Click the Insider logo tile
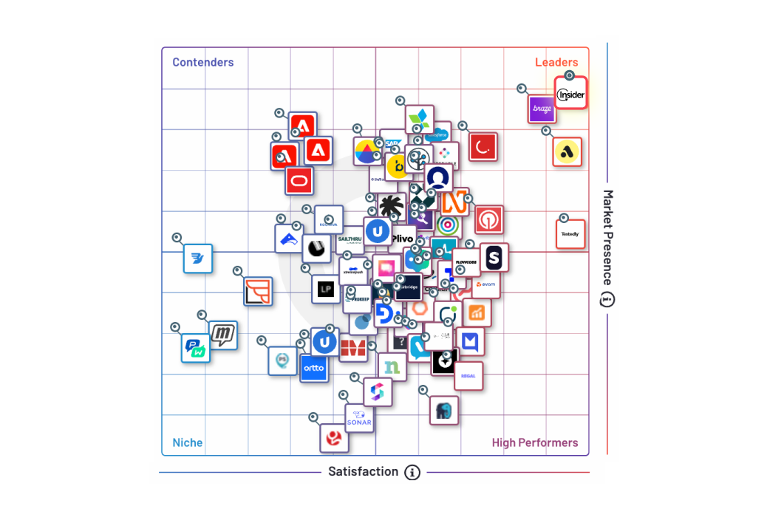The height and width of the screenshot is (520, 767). (x=570, y=95)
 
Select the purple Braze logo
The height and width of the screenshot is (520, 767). (x=542, y=109)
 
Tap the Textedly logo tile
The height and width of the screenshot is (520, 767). (x=570, y=234)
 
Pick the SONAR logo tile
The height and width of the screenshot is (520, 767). (x=360, y=419)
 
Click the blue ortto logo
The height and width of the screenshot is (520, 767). (x=314, y=367)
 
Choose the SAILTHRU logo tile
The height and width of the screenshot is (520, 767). (x=350, y=239)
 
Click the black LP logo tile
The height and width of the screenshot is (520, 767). (x=325, y=290)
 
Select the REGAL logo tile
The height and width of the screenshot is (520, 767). (x=468, y=376)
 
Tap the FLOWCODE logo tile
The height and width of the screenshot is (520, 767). (x=466, y=262)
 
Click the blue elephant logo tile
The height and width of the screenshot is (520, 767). (x=443, y=411)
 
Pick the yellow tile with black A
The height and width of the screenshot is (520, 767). (x=567, y=152)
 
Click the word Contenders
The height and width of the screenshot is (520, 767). (x=203, y=62)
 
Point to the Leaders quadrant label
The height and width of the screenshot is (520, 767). (x=556, y=62)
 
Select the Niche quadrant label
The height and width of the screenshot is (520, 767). (x=188, y=442)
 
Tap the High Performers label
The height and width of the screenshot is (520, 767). (x=535, y=442)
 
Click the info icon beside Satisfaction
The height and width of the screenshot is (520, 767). (x=412, y=472)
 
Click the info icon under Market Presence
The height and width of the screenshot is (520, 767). (x=607, y=299)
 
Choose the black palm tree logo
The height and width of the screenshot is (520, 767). (x=391, y=207)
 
